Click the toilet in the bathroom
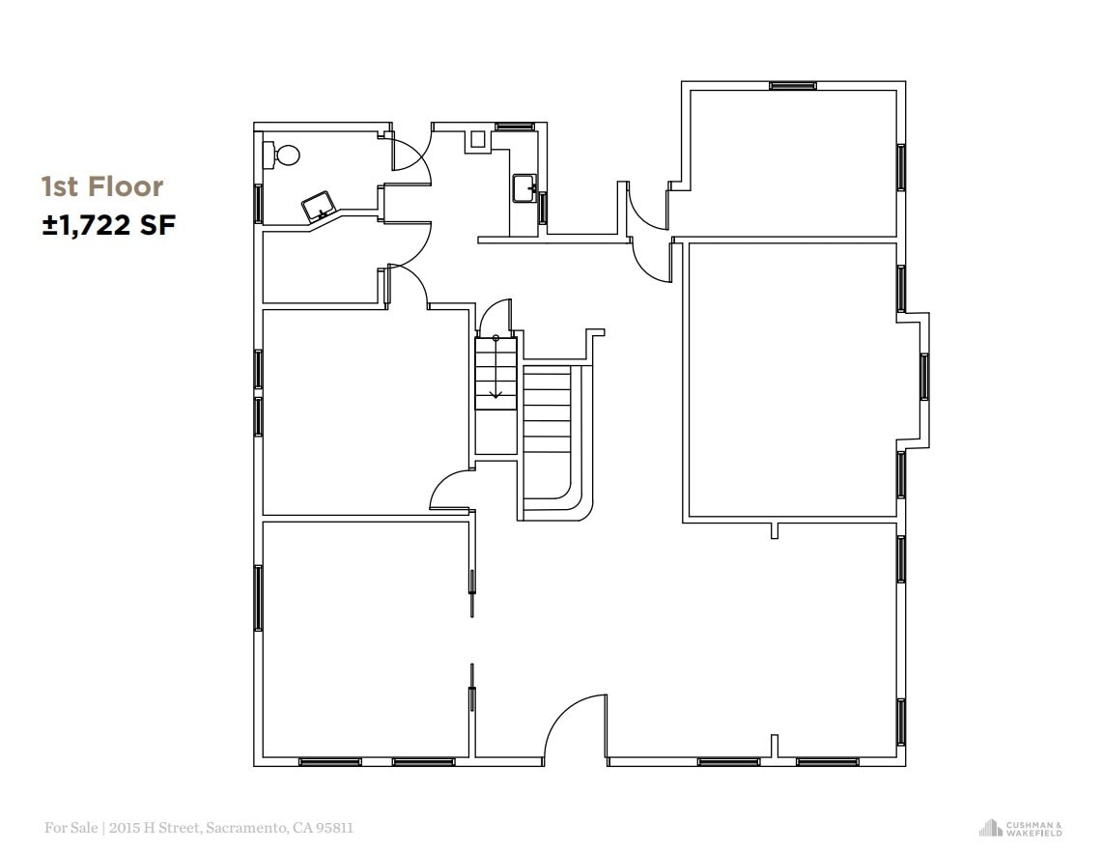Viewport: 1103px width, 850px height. click(x=285, y=155)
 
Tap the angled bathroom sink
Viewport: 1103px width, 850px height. click(x=320, y=207)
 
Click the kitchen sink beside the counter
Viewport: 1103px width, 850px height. click(x=523, y=187)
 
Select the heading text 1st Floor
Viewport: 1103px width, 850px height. click(x=102, y=186)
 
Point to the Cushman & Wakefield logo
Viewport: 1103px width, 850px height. click(x=1021, y=828)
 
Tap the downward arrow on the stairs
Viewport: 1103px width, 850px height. click(x=496, y=390)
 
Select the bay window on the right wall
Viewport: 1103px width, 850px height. click(x=924, y=377)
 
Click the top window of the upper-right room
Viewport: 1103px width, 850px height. click(x=793, y=86)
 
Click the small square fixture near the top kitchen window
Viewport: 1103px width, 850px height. click(x=477, y=138)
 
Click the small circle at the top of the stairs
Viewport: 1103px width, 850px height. click(x=496, y=338)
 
